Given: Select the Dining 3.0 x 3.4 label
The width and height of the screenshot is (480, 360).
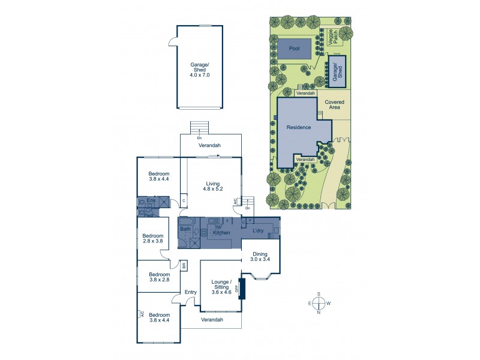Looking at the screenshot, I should click(260, 257).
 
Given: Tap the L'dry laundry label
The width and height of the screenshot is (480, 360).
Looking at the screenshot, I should click(259, 230).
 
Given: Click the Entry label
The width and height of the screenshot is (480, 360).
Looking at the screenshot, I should click(191, 292).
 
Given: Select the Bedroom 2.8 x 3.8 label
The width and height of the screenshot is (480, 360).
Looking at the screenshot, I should click(153, 239).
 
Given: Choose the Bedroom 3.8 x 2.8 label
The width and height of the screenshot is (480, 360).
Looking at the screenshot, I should click(160, 277).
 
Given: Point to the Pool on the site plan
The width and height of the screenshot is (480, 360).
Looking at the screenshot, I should click(294, 47).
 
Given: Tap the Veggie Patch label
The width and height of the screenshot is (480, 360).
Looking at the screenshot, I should click(329, 36).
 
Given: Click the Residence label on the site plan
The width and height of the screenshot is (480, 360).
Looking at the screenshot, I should click(298, 127).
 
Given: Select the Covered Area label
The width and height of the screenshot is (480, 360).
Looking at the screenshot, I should click(334, 106).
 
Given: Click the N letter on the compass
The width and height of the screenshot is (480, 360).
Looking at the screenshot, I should click(319, 313).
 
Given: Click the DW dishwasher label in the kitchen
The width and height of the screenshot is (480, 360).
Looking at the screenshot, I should click(218, 227).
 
